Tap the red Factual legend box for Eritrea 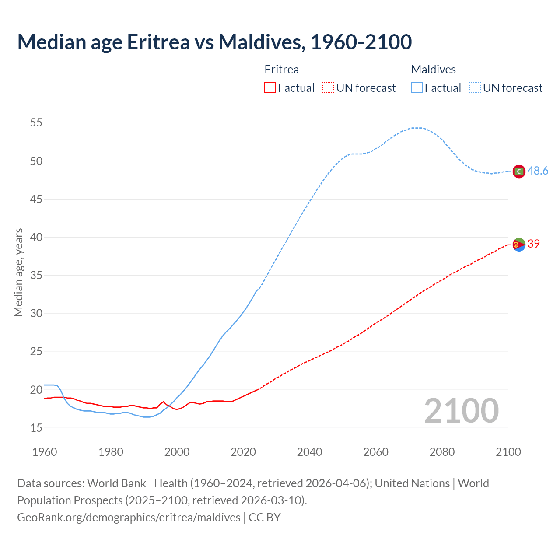click(270, 88)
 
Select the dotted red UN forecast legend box click(328, 88)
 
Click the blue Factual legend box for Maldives click(417, 88)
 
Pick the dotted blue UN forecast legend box click(475, 88)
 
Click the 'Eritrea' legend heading click(282, 70)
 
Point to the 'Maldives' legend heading click(433, 70)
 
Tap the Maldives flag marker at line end click(519, 171)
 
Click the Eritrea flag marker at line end click(519, 245)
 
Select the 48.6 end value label click(538, 171)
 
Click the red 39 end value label click(534, 244)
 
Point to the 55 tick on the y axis click(36, 123)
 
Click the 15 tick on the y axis click(36, 428)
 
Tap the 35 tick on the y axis click(36, 276)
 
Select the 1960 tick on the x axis click(45, 452)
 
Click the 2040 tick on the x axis click(309, 452)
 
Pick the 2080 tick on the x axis click(442, 452)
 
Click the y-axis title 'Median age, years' click(18, 272)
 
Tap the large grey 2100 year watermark click(461, 411)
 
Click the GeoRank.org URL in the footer click(129, 518)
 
